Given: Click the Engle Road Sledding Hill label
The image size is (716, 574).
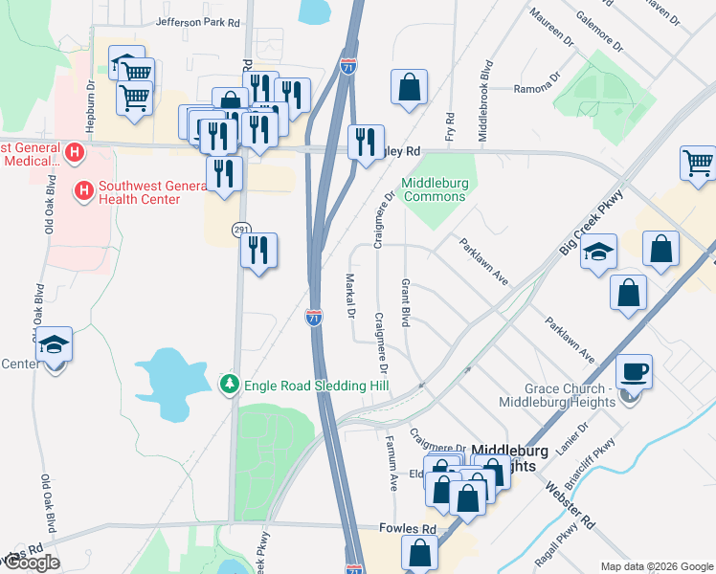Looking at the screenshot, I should click(317, 385).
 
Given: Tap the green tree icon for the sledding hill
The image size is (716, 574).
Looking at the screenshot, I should click(229, 385).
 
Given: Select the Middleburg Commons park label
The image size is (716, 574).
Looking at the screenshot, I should click(433, 189).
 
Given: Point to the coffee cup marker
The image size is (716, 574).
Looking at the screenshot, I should click(634, 371).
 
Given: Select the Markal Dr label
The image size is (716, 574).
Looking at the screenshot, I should click(349, 296).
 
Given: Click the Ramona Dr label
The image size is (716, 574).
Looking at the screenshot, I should click(533, 87).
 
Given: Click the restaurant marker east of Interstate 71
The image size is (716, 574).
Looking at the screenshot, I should click(365, 143).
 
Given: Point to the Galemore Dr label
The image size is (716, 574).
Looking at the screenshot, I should click(599, 31).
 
